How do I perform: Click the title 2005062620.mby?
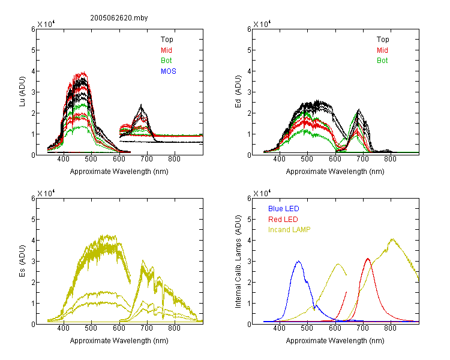click(x=119, y=18)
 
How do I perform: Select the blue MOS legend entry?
click(x=169, y=71)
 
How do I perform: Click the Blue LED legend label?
click(x=284, y=209)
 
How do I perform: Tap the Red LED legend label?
click(x=283, y=220)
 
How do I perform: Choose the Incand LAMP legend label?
click(x=289, y=230)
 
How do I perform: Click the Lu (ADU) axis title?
click(x=22, y=91)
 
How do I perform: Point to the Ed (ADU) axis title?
click(x=238, y=91)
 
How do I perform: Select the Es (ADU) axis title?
click(x=22, y=260)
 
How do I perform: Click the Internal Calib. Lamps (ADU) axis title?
click(x=238, y=261)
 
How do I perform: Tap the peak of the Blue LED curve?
click(x=299, y=261)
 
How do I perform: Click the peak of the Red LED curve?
click(x=368, y=259)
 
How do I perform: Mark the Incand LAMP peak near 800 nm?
click(x=392, y=239)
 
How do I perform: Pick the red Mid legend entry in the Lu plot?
click(x=166, y=50)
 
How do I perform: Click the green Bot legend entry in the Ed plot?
click(x=382, y=61)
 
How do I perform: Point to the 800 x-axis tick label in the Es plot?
click(x=174, y=328)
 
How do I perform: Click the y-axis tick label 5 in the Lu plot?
click(x=33, y=50)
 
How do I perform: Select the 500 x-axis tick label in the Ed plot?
click(x=307, y=159)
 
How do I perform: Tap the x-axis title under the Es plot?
click(x=119, y=341)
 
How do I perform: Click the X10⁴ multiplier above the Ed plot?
click(x=262, y=24)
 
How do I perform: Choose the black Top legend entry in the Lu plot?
click(x=167, y=40)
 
